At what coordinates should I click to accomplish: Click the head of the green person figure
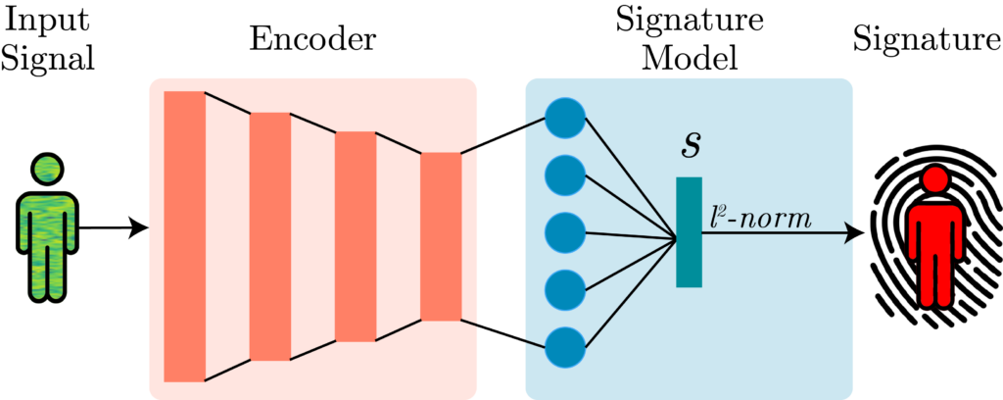46,170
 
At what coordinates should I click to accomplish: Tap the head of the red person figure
935,179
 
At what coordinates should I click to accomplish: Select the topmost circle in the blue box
565,118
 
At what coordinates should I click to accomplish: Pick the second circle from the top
565,175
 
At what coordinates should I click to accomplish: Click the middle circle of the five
565,232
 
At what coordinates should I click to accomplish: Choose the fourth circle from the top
565,289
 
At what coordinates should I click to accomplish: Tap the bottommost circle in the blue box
565,347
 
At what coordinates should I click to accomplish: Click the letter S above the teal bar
691,145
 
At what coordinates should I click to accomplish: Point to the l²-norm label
761,218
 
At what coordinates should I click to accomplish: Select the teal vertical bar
689,232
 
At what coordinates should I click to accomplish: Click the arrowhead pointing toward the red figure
850,232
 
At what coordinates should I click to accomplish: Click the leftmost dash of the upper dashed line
227,104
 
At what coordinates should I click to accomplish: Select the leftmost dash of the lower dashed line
227,370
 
